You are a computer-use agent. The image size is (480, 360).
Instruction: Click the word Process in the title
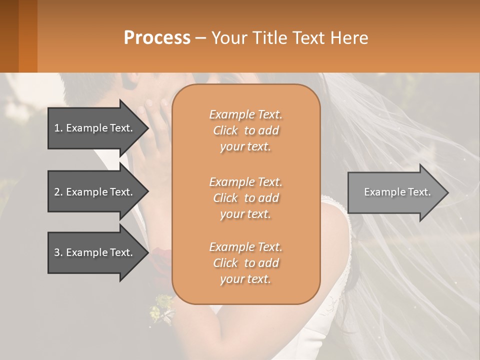pos(157,38)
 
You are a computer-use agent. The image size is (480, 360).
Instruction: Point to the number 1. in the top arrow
pos(58,128)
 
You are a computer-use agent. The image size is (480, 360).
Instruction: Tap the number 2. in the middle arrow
pos(58,192)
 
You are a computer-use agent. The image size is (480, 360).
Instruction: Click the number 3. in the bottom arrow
pos(58,252)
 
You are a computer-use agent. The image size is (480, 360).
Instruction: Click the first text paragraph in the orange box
pos(245,130)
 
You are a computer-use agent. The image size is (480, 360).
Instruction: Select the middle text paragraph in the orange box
pos(245,198)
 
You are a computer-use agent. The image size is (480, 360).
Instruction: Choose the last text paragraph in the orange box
pos(245,263)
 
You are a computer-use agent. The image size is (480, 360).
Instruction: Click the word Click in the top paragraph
pos(225,130)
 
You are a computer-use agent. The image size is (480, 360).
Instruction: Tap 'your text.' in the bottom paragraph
pos(245,279)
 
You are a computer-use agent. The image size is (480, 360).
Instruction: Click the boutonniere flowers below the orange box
pos(162,306)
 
